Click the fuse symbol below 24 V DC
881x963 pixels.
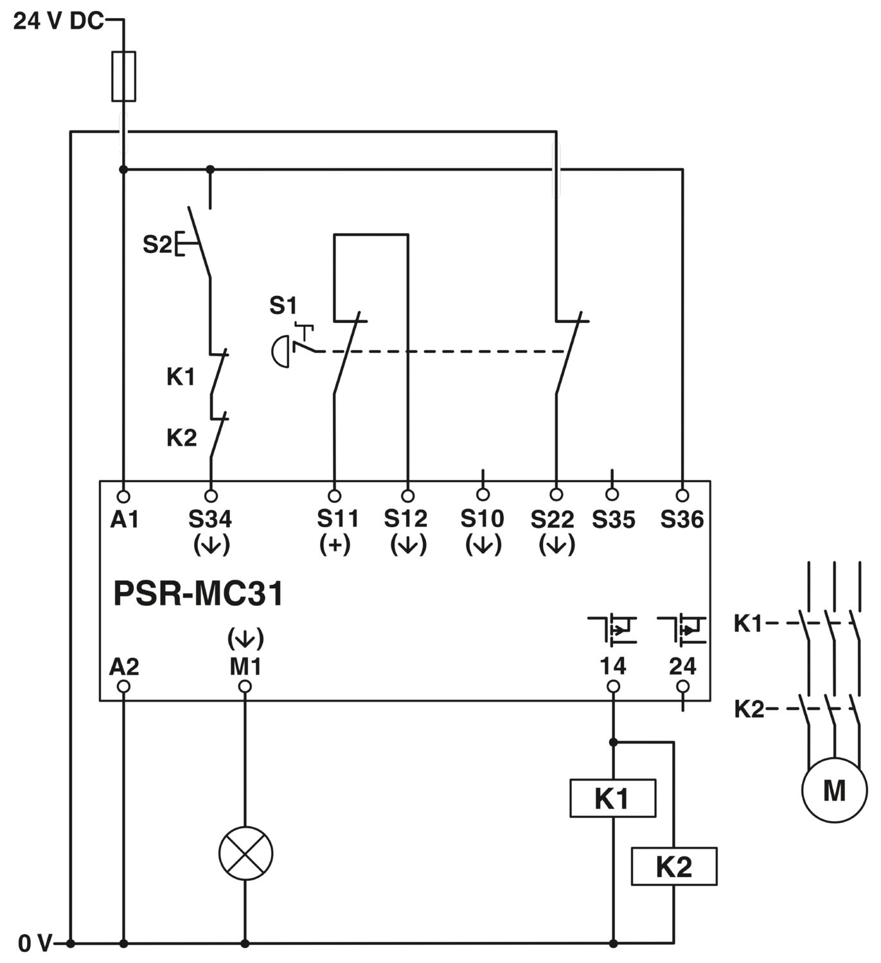click(123, 76)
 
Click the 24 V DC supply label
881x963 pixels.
click(58, 21)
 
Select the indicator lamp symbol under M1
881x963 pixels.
click(245, 853)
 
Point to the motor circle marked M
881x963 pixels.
click(834, 790)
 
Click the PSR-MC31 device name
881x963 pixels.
click(198, 593)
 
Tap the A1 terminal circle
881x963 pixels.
click(123, 496)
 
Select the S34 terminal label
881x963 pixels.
click(210, 519)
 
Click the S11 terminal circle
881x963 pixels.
click(335, 496)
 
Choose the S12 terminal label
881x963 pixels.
click(405, 519)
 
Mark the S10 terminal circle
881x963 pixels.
click(483, 494)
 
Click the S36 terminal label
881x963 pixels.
click(682, 519)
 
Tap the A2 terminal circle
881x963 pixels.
click(123, 686)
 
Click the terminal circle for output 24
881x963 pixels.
click(682, 686)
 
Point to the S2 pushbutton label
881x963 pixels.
click(157, 245)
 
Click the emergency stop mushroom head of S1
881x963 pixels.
click(281, 351)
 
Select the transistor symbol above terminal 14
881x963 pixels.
click(612, 629)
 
